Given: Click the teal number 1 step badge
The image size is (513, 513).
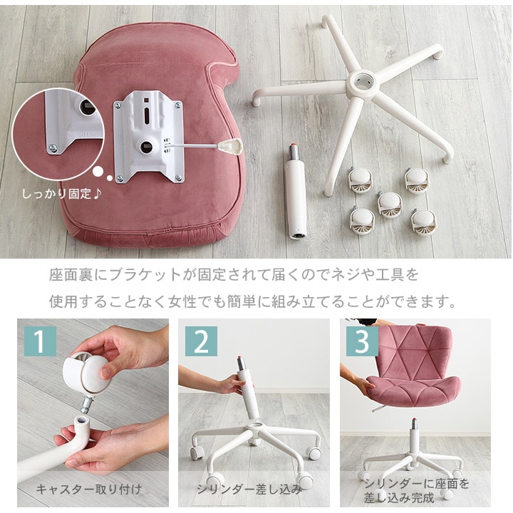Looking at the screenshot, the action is tap(40, 341).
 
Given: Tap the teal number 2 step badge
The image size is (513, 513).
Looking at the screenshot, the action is tap(201, 341).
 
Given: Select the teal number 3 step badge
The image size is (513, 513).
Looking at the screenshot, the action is tap(362, 341).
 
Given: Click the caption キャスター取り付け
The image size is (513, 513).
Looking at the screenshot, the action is tap(89, 489).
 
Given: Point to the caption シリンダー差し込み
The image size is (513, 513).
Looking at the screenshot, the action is tap(249, 489).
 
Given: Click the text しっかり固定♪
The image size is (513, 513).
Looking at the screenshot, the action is tap(62, 194).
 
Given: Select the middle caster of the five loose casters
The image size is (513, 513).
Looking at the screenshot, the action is tap(390, 204).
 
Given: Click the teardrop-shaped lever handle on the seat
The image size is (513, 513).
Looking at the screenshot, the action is tap(231, 145).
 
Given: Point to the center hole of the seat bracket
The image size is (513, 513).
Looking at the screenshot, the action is tap(146, 147).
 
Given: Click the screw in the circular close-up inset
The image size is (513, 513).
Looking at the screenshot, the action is tap(53, 148).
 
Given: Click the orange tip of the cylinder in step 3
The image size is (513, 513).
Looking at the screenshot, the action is tap(415, 420).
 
